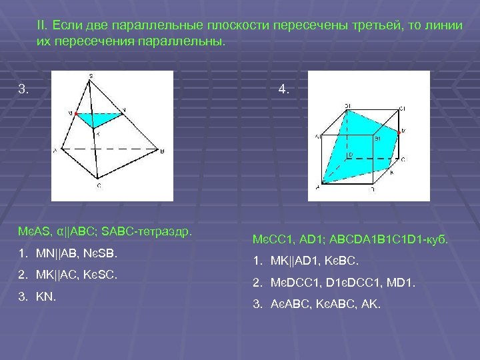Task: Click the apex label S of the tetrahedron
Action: [x=91, y=74]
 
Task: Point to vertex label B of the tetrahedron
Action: [x=162, y=151]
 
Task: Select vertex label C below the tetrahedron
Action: [x=99, y=185]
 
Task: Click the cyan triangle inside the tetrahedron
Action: [x=100, y=119]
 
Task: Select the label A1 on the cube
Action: [x=318, y=137]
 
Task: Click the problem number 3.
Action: [x=24, y=88]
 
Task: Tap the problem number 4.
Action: [x=283, y=88]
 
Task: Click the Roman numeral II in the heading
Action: [x=42, y=25]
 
